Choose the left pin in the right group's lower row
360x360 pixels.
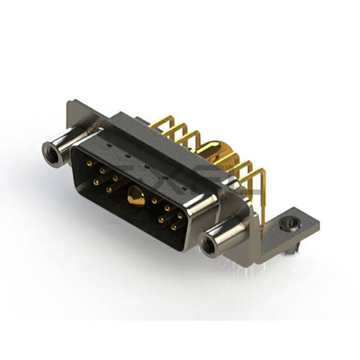pos(161,220)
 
